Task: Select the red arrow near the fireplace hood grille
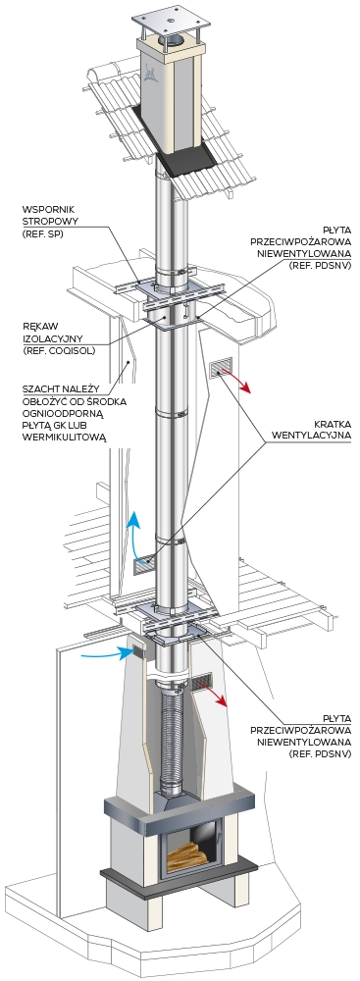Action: [x=216, y=697]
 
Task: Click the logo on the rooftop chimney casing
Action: [x=150, y=74]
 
